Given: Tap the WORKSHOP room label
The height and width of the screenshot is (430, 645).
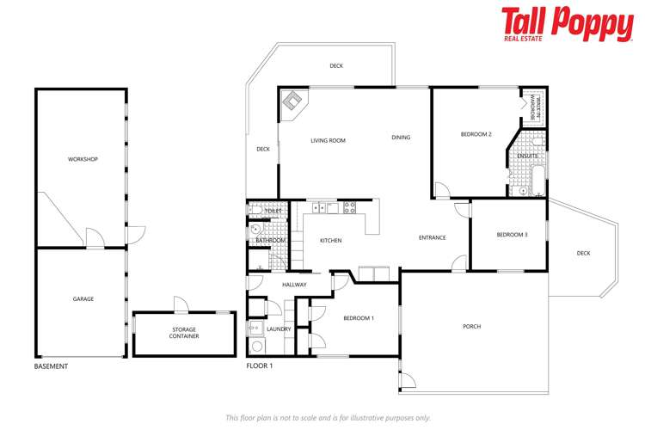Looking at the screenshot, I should (83, 159).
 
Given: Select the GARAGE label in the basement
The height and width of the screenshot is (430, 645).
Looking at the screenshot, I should (83, 298).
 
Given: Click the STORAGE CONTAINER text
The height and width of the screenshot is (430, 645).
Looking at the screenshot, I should (184, 333).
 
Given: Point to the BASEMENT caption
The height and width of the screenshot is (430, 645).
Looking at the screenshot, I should (51, 366).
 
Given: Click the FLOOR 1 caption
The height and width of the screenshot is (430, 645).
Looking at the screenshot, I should (259, 366).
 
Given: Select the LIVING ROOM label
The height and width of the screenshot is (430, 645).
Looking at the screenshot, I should (328, 140).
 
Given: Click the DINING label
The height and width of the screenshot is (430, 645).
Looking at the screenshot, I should (401, 137).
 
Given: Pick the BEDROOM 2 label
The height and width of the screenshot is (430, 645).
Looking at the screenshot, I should (476, 134).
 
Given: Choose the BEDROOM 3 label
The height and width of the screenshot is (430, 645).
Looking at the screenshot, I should (512, 235).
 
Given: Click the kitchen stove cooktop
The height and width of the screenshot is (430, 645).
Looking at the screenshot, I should (350, 207).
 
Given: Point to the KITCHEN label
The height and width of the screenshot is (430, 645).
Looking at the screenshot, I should (331, 240).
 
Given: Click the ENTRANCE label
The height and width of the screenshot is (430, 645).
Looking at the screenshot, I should (432, 237).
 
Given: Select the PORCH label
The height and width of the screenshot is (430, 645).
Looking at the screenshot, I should (471, 326).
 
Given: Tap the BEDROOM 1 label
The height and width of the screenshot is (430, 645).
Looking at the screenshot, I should (358, 318).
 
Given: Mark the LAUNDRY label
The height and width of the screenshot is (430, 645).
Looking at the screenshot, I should (279, 329).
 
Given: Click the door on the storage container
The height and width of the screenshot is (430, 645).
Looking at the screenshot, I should (179, 304).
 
